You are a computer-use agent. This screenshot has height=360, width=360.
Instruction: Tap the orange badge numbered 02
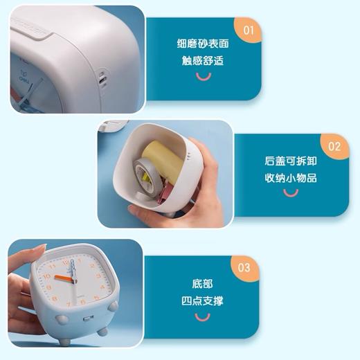click(334, 146)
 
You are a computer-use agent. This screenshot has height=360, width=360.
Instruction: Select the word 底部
click(202, 284)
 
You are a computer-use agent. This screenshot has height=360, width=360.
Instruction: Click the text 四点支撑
click(202, 300)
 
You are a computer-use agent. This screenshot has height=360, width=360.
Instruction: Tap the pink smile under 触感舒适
click(202, 79)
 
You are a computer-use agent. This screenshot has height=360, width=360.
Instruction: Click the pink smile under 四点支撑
click(202, 318)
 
